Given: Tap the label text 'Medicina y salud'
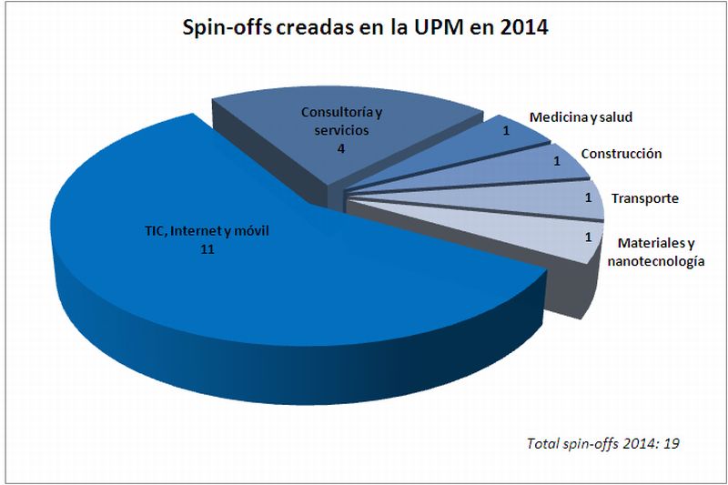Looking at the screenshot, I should coord(581,117).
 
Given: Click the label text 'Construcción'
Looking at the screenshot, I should coord(621,154).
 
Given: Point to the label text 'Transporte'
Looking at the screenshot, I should coord(644,198).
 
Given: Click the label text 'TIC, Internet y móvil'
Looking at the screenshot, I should coord(207,231).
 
